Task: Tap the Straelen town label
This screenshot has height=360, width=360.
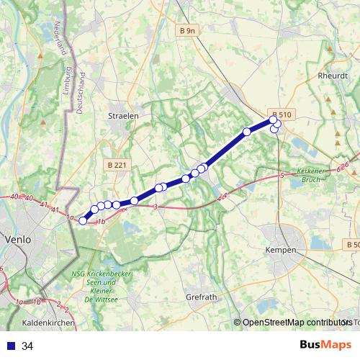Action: [122, 115]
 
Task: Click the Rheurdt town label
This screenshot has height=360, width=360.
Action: [333, 75]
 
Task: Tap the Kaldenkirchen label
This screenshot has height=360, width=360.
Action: [49, 323]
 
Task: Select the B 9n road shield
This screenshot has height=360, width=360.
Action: [186, 30]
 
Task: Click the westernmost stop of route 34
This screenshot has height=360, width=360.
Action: [83, 221]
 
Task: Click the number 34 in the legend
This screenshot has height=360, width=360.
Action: [27, 346]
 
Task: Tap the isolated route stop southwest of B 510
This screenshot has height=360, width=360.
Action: [247, 132]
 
